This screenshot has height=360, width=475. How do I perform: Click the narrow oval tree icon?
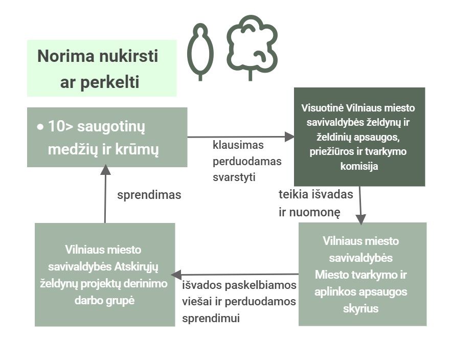click(200, 52)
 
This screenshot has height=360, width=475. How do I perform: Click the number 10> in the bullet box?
click(60, 126)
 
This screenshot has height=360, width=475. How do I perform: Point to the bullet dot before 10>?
click(40, 126)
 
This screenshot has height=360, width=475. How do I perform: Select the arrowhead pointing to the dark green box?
click(290, 137)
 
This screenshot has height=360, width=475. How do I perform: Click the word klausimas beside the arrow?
click(238, 145)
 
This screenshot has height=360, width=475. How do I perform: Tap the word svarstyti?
click(234, 177)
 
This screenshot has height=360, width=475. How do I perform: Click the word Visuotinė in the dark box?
click(323, 108)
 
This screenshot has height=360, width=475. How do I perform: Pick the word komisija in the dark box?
click(359, 166)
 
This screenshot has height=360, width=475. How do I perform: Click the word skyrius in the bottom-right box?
click(361, 308)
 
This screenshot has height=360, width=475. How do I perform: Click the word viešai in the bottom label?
click(194, 301)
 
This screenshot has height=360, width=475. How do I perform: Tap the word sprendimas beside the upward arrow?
click(149, 195)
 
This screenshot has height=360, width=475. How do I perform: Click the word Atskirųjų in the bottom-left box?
click(135, 266)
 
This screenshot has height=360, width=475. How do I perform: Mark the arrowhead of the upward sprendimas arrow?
click(105, 169)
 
